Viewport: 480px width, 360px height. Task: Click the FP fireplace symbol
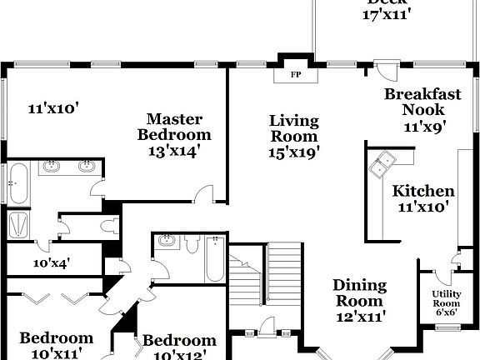tap(295, 74)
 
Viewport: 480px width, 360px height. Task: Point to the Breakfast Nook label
tap(422, 102)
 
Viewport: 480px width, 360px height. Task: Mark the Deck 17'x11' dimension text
tap(387, 13)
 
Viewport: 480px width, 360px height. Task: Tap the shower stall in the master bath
tap(17, 224)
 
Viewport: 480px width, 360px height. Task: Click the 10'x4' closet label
tap(51, 262)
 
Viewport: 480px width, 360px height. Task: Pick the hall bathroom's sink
tap(166, 242)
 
